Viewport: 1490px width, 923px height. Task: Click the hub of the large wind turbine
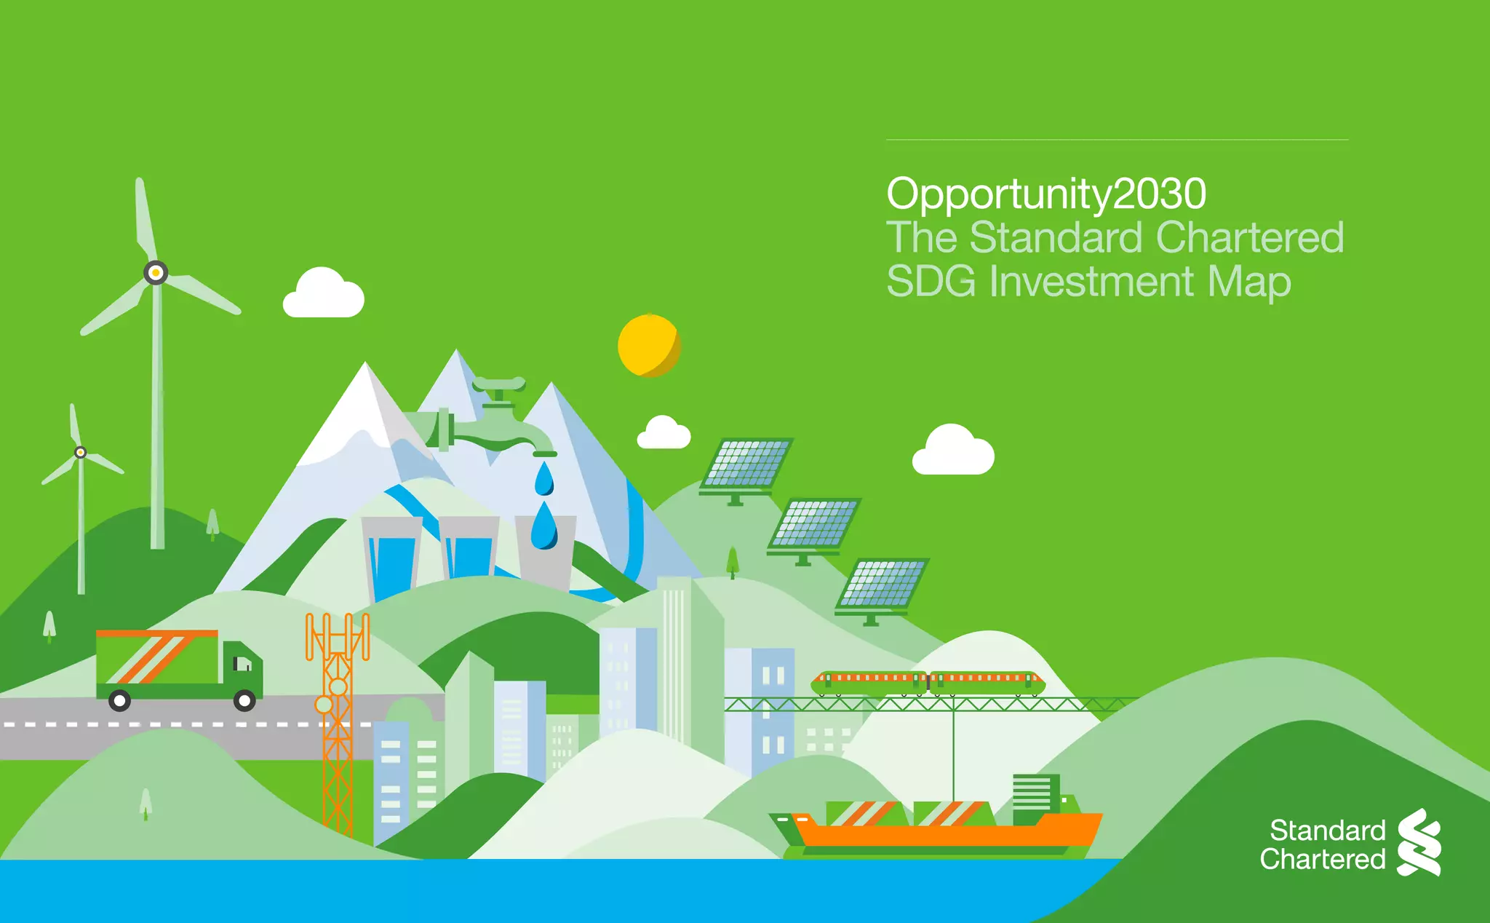[156, 273]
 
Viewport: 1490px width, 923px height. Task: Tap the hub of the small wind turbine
[81, 453]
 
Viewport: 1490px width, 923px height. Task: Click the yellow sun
[649, 346]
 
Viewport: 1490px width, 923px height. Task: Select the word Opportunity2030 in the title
[1045, 194]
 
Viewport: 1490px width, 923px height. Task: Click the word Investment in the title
[1091, 282]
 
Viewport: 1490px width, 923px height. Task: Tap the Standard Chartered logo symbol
[1419, 842]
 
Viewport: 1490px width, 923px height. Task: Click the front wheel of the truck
[244, 701]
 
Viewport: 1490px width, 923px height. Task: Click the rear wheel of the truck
[119, 701]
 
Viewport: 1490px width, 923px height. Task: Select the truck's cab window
[243, 663]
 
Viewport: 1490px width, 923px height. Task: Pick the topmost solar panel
[746, 463]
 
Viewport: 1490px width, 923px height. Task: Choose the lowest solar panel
[882, 584]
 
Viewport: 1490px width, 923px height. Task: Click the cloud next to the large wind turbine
[323, 294]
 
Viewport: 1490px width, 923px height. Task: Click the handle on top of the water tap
[499, 384]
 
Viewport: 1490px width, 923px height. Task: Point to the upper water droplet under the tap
[544, 480]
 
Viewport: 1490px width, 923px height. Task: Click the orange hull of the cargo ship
[946, 833]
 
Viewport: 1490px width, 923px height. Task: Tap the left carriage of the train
[869, 682]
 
